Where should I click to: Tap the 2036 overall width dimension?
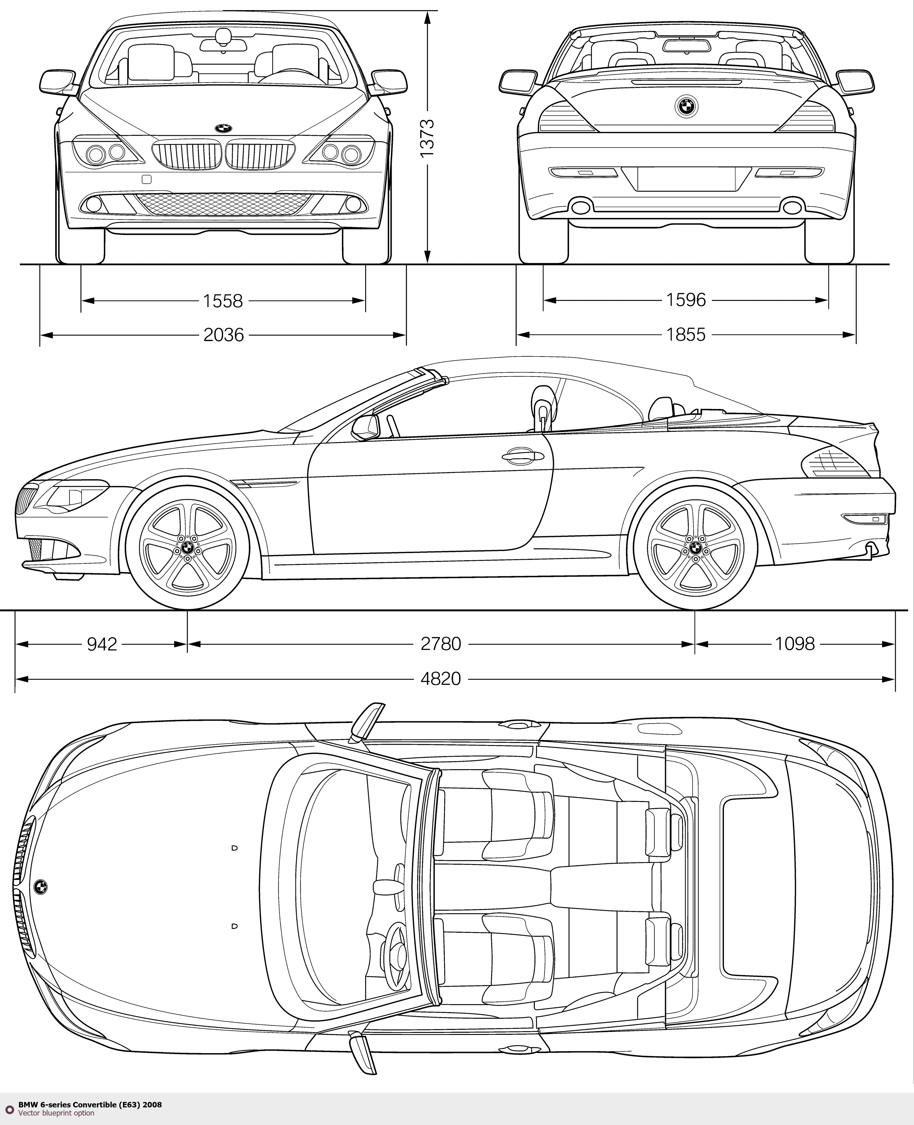224,334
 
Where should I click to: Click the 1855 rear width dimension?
685,334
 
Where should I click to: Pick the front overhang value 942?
102,644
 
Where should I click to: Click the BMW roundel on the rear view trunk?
686,107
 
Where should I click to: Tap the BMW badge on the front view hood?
223,128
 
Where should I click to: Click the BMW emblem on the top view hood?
40,886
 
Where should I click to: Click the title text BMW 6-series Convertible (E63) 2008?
90,1104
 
